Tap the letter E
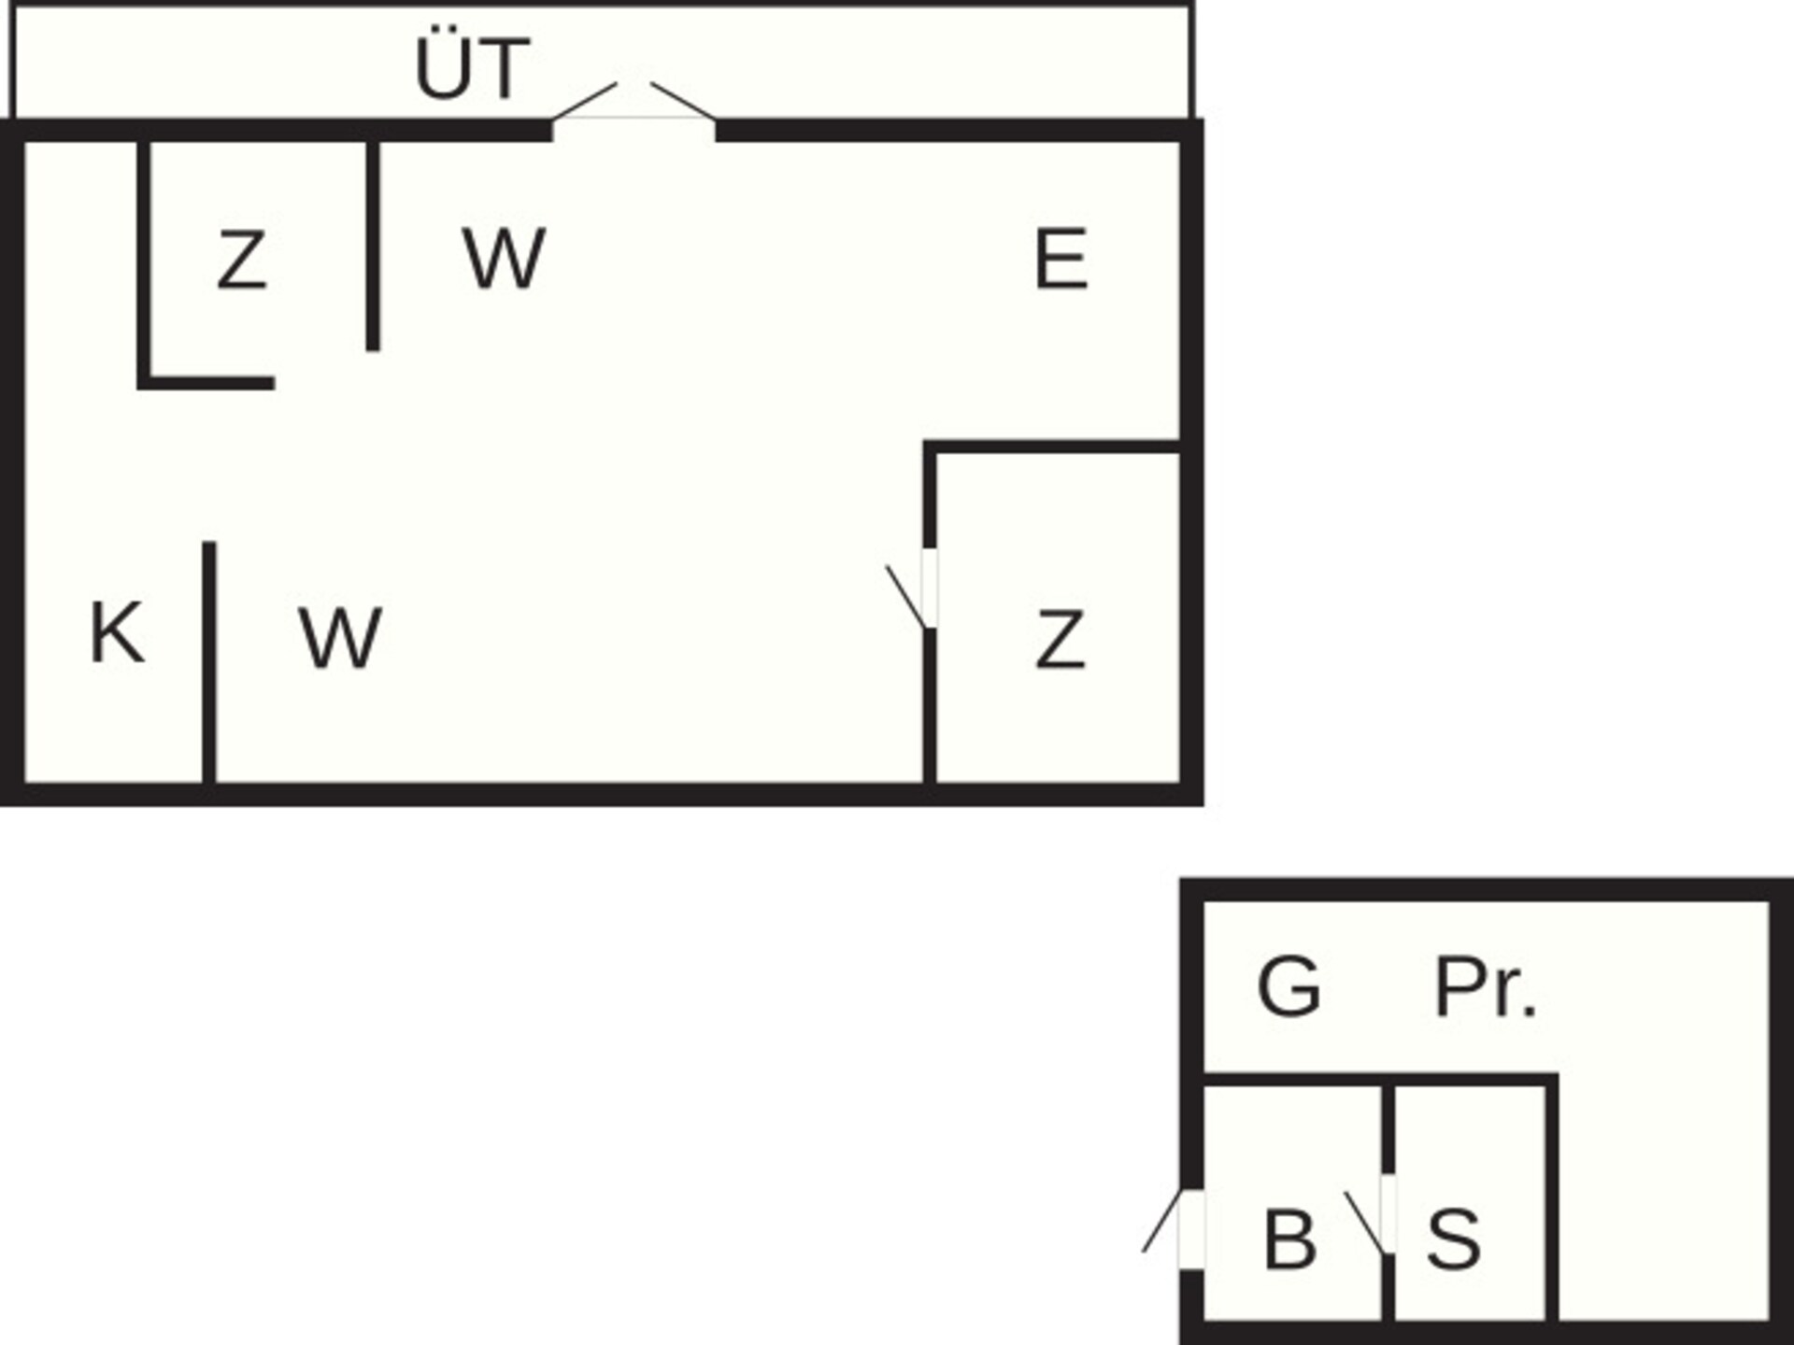(1061, 259)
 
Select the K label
(117, 632)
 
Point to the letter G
(1289, 986)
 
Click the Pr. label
(1485, 986)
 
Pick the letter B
(1289, 1239)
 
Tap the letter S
(1454, 1239)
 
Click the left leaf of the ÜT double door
(585, 101)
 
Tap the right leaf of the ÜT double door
(684, 101)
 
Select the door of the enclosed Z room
(906, 597)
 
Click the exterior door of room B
(1161, 1221)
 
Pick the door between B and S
(1364, 1223)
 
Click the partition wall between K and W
(209, 662)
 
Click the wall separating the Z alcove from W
(373, 246)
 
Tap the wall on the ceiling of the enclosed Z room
(1052, 446)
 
